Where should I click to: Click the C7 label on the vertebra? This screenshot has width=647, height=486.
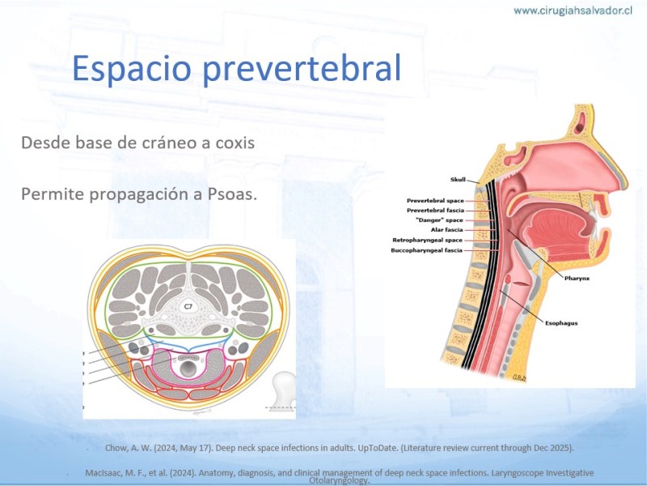(188, 306)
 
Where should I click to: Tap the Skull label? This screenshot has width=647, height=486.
(458, 179)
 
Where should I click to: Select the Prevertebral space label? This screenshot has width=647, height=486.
(435, 200)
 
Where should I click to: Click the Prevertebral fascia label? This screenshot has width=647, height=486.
(435, 211)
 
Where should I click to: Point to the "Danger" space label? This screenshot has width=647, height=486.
(439, 220)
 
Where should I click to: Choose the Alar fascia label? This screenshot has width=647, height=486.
(447, 230)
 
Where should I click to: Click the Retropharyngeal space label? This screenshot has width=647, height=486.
(428, 240)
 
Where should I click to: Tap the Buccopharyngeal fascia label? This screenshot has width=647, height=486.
(427, 250)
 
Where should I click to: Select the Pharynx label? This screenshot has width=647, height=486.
(577, 279)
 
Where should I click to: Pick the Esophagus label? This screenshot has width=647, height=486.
(561, 323)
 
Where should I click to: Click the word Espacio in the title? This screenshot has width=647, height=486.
(132, 68)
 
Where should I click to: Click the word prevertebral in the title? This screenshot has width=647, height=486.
(302, 68)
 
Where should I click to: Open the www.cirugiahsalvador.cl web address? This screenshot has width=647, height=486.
(573, 11)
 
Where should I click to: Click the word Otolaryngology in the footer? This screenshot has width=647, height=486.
(339, 480)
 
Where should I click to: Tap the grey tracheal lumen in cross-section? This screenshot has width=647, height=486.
(188, 367)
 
